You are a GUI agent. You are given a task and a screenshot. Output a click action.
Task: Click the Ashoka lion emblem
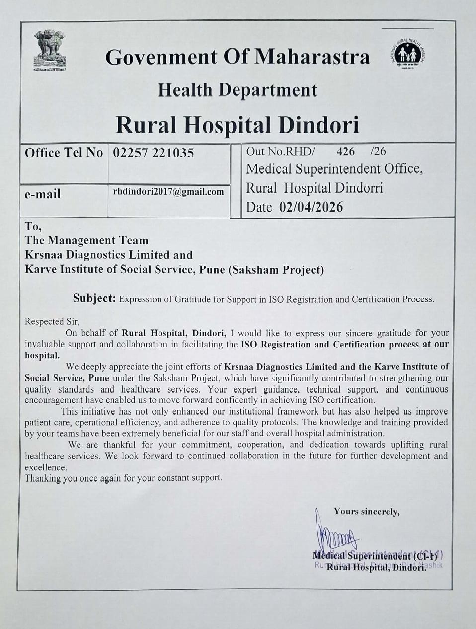point(50,50)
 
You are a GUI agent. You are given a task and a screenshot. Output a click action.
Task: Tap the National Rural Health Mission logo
point(408,54)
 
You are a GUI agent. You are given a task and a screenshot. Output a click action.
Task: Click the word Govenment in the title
point(161,57)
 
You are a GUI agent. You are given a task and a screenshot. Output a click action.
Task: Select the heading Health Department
point(238,90)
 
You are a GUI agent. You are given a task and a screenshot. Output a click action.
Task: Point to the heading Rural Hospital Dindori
point(238,125)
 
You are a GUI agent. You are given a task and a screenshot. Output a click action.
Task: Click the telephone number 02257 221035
point(154,153)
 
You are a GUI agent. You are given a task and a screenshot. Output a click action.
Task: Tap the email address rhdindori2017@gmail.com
point(168,192)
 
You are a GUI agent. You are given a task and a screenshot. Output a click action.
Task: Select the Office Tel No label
point(64,153)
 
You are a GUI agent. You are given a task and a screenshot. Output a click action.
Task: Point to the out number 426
point(345,151)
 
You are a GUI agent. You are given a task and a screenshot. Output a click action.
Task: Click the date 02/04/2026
point(311,207)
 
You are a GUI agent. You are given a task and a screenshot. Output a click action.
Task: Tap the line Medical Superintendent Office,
point(334,169)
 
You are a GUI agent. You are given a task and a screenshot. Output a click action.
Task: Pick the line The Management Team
point(86,241)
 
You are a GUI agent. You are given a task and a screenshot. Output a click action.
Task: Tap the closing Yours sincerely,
point(367,511)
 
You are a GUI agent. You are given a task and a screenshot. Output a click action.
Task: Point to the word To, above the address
point(33,227)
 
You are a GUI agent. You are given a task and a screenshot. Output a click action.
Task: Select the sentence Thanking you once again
point(123,478)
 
